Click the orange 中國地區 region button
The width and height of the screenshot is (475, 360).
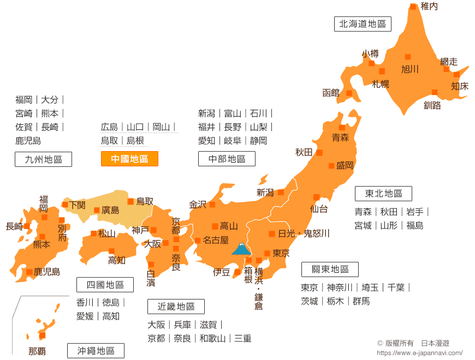(x=129, y=159)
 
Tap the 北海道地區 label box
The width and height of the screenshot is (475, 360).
(x=363, y=24)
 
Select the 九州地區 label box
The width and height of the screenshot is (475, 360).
(x=43, y=159)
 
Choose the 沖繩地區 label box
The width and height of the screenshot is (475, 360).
(x=96, y=351)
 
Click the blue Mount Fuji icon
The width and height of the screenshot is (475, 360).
(x=241, y=249)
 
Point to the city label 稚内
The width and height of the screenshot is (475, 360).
(x=429, y=7)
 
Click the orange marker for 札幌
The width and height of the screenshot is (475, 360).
(x=382, y=71)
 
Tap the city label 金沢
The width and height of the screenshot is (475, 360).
(x=198, y=205)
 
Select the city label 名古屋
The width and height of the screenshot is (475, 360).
(x=215, y=240)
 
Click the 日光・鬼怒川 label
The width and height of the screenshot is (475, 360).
(x=304, y=233)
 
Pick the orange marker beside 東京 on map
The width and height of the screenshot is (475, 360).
(x=267, y=253)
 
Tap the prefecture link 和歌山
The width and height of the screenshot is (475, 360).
(x=212, y=338)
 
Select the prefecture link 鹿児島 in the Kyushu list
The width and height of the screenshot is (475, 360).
(x=28, y=141)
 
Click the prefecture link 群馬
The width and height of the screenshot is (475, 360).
(x=361, y=301)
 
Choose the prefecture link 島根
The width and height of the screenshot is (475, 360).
(x=135, y=141)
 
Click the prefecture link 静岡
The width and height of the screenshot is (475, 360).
(x=259, y=141)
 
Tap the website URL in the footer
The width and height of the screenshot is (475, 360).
(x=420, y=353)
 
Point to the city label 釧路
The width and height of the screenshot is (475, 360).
(x=432, y=105)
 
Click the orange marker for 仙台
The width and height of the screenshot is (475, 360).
(x=316, y=197)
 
